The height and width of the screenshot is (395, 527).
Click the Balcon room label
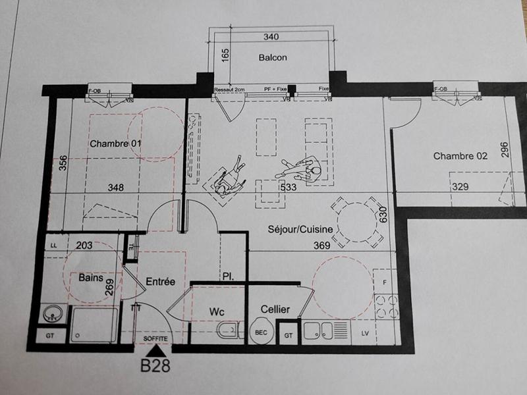coord(272,57)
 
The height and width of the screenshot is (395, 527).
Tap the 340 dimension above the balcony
coord(271,37)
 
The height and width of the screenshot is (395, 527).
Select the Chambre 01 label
coord(116,144)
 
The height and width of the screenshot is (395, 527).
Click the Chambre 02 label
coord(460,156)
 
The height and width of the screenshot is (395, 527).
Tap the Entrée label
coord(160,282)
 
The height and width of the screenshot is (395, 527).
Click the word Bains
coord(91,278)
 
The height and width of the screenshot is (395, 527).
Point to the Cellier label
coord(275,309)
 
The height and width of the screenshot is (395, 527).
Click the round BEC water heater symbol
coord(261,332)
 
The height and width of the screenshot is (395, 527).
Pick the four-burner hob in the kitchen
coord(385,303)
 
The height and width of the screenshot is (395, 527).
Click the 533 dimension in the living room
coord(289,188)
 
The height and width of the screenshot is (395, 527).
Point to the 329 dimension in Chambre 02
coord(460,188)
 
